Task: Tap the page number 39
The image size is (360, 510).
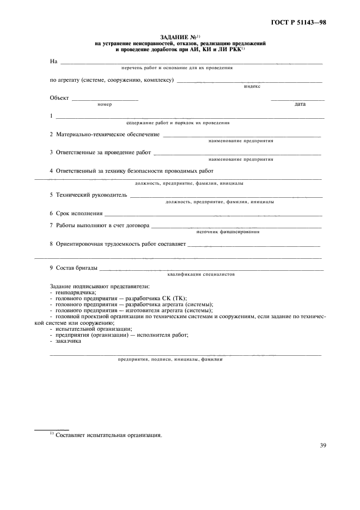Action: click(323, 445)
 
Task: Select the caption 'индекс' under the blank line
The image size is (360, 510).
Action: click(252, 86)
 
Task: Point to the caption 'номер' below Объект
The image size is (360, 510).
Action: click(105, 104)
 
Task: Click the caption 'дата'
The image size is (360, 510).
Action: click(300, 104)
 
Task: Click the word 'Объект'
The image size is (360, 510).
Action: click(59, 98)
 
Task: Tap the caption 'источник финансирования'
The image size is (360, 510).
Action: click(227, 232)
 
